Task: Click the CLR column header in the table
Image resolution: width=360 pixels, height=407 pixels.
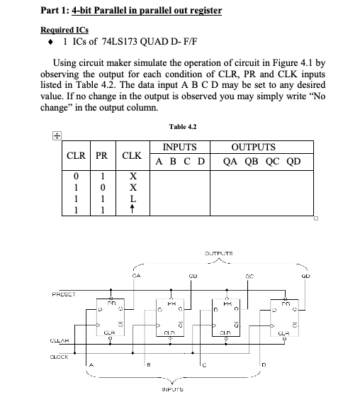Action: tap(76, 155)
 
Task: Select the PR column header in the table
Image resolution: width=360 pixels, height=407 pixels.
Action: tap(102, 155)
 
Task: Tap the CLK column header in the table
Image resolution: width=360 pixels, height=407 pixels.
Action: tap(131, 155)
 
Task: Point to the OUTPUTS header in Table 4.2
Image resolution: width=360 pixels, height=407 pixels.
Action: tap(253, 147)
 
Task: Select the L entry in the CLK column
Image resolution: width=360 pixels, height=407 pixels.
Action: tap(131, 199)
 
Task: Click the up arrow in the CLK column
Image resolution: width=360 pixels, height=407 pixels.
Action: tap(131, 211)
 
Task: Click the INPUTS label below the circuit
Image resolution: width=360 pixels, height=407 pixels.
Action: tap(174, 389)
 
